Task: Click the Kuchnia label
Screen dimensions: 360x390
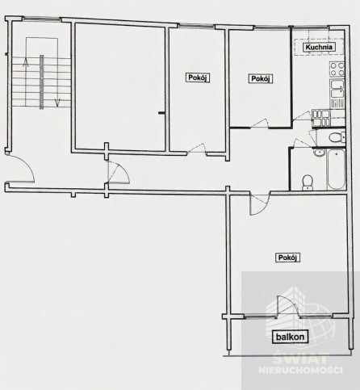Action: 319,47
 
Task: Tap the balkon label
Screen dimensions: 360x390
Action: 290,337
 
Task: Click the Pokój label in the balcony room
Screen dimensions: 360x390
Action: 287,258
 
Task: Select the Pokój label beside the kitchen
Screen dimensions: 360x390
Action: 261,78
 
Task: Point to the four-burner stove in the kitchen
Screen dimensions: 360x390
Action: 337,69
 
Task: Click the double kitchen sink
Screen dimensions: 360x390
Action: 337,89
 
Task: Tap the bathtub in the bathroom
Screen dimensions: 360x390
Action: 336,170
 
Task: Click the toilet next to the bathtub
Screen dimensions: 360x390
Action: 307,182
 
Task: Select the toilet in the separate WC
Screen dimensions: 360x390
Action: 337,137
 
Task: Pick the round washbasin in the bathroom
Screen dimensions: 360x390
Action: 320,153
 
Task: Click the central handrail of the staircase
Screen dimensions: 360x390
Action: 42,82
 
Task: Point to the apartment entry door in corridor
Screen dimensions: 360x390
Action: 118,172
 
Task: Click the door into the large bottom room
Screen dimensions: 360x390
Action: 260,204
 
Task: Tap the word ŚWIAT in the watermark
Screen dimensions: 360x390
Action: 300,358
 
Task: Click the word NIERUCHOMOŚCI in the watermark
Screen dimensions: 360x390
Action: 300,371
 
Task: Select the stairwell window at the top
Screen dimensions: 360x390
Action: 41,19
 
